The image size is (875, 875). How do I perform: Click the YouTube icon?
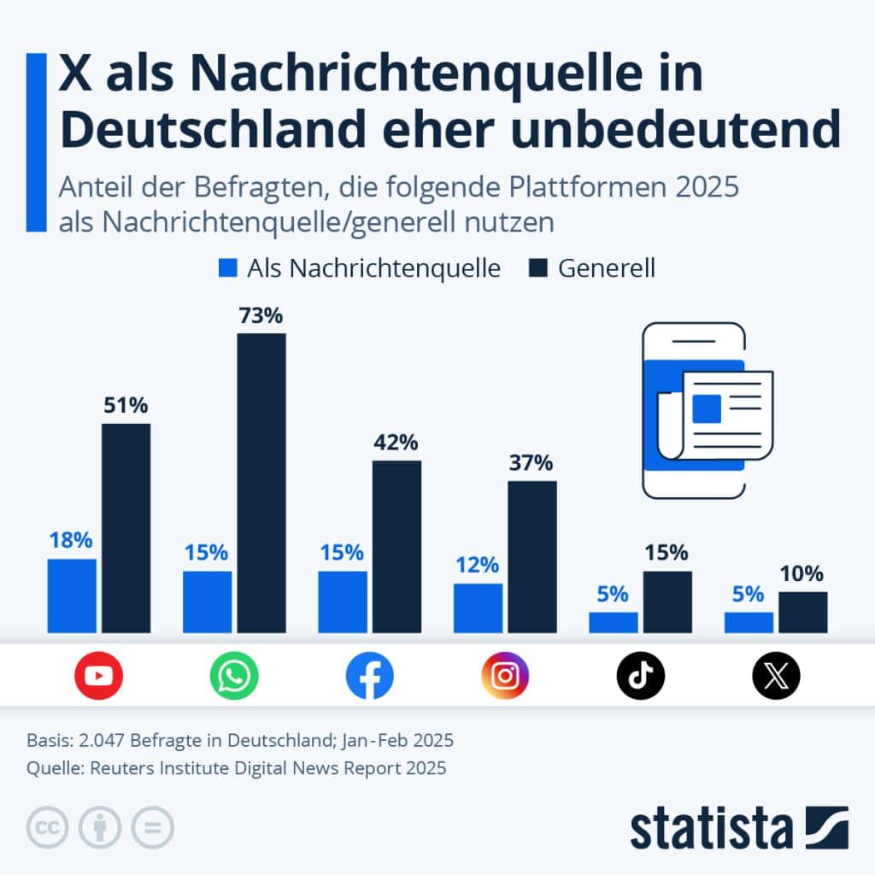(x=98, y=676)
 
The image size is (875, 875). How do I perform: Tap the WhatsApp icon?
(x=234, y=676)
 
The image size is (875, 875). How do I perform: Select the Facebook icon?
(x=369, y=676)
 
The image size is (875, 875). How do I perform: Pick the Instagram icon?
(x=505, y=676)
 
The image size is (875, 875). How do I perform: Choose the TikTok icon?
(x=640, y=676)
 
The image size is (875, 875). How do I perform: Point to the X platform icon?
(x=776, y=676)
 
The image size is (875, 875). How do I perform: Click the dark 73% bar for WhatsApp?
(x=261, y=483)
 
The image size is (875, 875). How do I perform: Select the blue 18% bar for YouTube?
(x=72, y=596)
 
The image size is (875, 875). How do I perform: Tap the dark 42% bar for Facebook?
(x=396, y=547)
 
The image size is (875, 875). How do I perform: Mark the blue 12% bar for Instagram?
(x=479, y=608)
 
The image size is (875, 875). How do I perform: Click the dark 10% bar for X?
(x=802, y=612)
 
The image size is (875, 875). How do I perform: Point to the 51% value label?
(x=126, y=406)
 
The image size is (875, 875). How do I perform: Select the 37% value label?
(x=531, y=463)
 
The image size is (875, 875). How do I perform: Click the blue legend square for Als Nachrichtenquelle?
(x=227, y=268)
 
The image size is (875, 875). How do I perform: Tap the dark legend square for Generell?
(x=537, y=268)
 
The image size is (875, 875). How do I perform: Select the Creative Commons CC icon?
(x=48, y=827)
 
